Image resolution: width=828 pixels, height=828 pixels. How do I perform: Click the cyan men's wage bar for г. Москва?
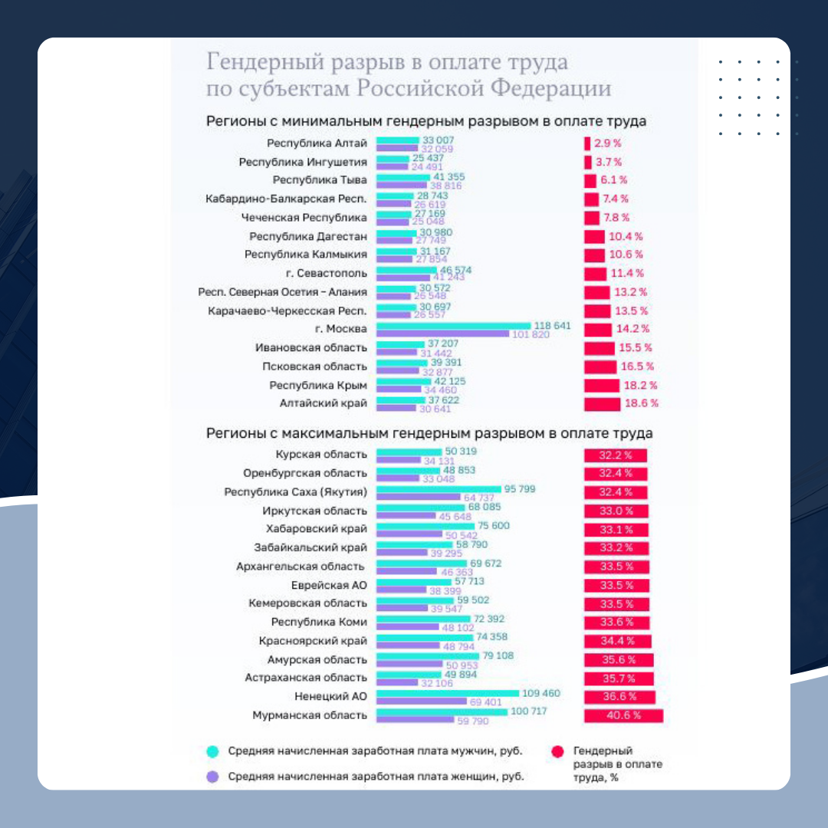coord(453,326)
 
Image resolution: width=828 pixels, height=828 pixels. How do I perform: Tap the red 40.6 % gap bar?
coord(623,715)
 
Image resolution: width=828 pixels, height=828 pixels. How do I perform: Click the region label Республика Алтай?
coord(317,143)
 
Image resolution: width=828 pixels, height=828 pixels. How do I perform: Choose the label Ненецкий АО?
coord(330,696)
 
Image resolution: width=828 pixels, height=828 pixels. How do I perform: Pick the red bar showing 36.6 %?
coord(619,697)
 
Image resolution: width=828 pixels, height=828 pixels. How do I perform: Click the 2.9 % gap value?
coord(607,143)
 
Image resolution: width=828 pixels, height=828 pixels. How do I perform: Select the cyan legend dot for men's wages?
coord(213,751)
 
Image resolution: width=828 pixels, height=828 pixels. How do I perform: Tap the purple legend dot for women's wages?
coord(213,777)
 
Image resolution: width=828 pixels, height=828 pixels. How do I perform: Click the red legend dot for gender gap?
coord(557,751)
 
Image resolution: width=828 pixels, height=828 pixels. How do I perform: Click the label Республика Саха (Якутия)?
coord(295,491)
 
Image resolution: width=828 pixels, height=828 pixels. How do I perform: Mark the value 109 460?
coord(541,693)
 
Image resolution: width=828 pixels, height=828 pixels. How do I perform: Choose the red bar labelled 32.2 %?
coord(615,455)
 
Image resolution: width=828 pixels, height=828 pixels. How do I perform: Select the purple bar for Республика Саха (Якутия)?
coord(418,497)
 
